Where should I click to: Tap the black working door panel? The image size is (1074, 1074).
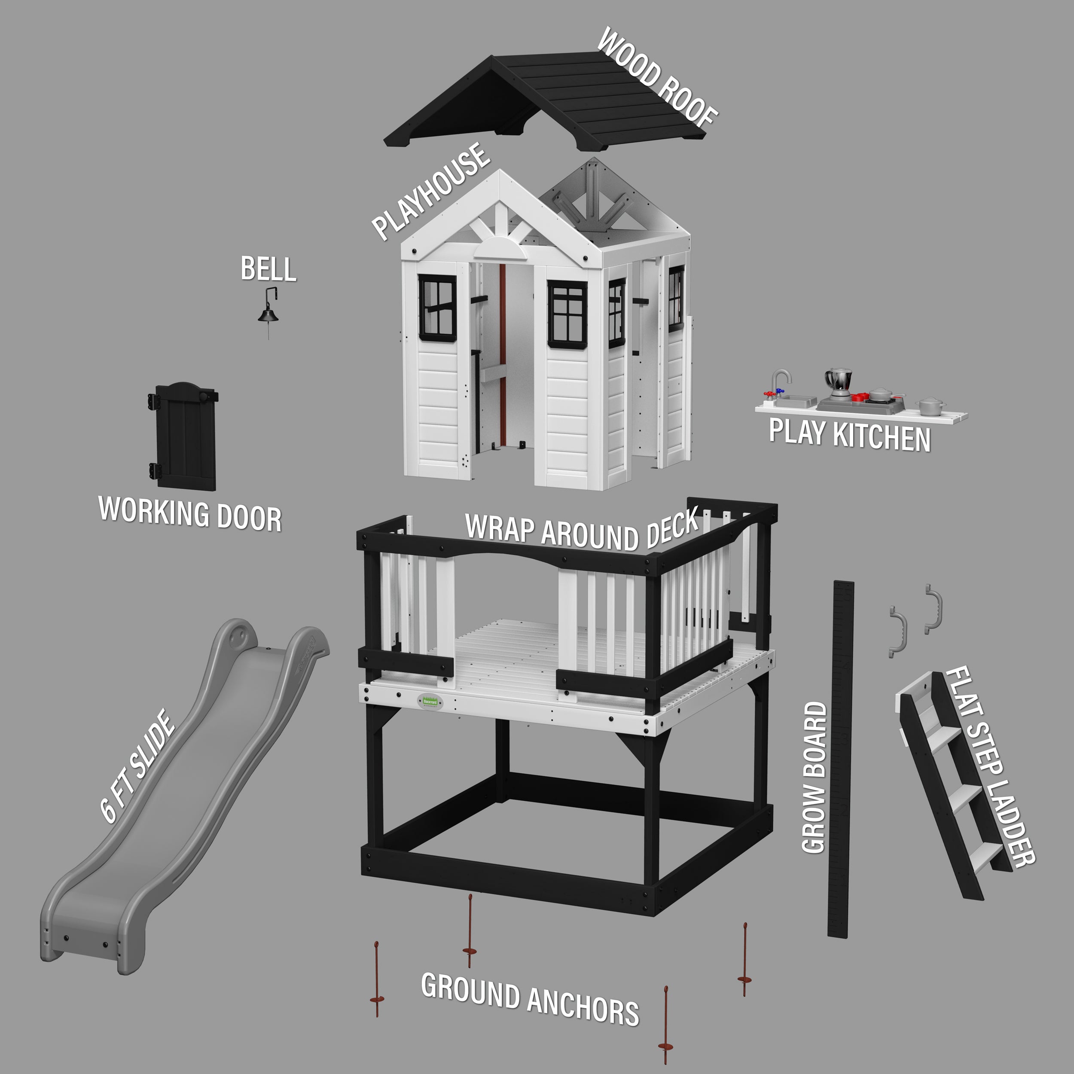click(x=184, y=436)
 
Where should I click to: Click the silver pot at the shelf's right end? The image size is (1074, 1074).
click(x=931, y=406)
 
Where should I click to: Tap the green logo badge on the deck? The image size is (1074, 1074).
click(x=430, y=702)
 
